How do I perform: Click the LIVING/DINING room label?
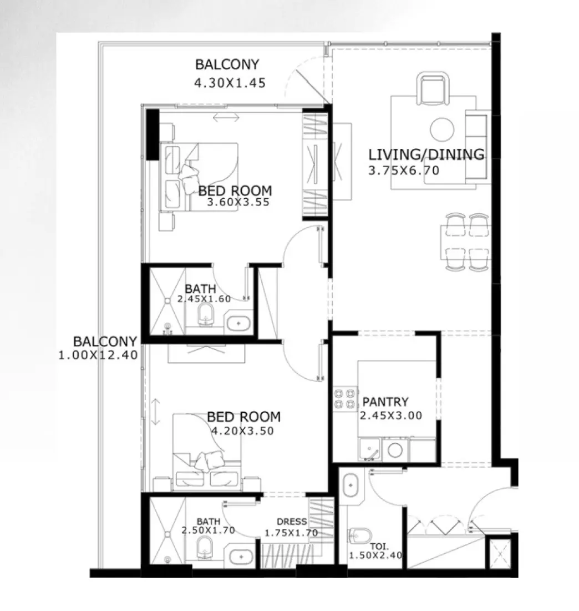426,154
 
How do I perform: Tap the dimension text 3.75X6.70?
404,171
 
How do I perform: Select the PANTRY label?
385,402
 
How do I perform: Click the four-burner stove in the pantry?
344,399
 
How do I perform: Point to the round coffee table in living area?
442,129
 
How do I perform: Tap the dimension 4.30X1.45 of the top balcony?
230,83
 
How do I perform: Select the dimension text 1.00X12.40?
98,355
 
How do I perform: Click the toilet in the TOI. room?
359,536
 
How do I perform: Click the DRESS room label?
292,522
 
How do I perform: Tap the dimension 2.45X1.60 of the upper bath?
204,299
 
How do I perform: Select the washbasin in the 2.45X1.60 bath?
239,322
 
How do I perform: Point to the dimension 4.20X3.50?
242,430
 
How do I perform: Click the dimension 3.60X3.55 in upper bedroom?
238,202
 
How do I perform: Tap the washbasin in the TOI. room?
351,485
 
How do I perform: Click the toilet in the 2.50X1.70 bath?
205,548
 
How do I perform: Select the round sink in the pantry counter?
395,450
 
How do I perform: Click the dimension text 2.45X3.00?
391,415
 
